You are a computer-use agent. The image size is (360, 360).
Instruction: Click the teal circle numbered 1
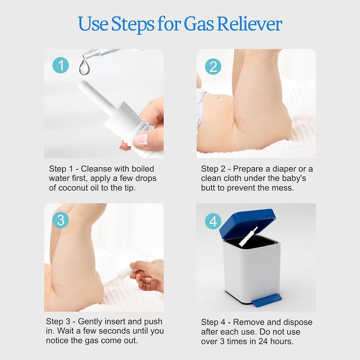click(x=61, y=65)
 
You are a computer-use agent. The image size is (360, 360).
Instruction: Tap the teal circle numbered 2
click(x=213, y=67)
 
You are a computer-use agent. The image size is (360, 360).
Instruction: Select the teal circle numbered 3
click(x=61, y=220)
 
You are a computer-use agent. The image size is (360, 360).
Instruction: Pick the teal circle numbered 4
click(x=213, y=221)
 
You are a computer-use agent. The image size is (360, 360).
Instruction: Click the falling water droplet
click(x=85, y=67)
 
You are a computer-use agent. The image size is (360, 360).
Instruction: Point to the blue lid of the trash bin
click(x=247, y=224)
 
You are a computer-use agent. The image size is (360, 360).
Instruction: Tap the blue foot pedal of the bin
click(x=267, y=301)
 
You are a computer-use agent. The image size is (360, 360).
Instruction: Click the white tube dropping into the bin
click(x=248, y=237)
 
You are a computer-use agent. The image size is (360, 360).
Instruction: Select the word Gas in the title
click(x=199, y=24)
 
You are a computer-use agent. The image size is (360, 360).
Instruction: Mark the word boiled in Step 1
click(x=143, y=169)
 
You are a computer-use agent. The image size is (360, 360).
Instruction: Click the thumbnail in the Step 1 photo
click(x=140, y=140)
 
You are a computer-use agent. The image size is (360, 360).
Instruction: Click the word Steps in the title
click(x=132, y=24)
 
